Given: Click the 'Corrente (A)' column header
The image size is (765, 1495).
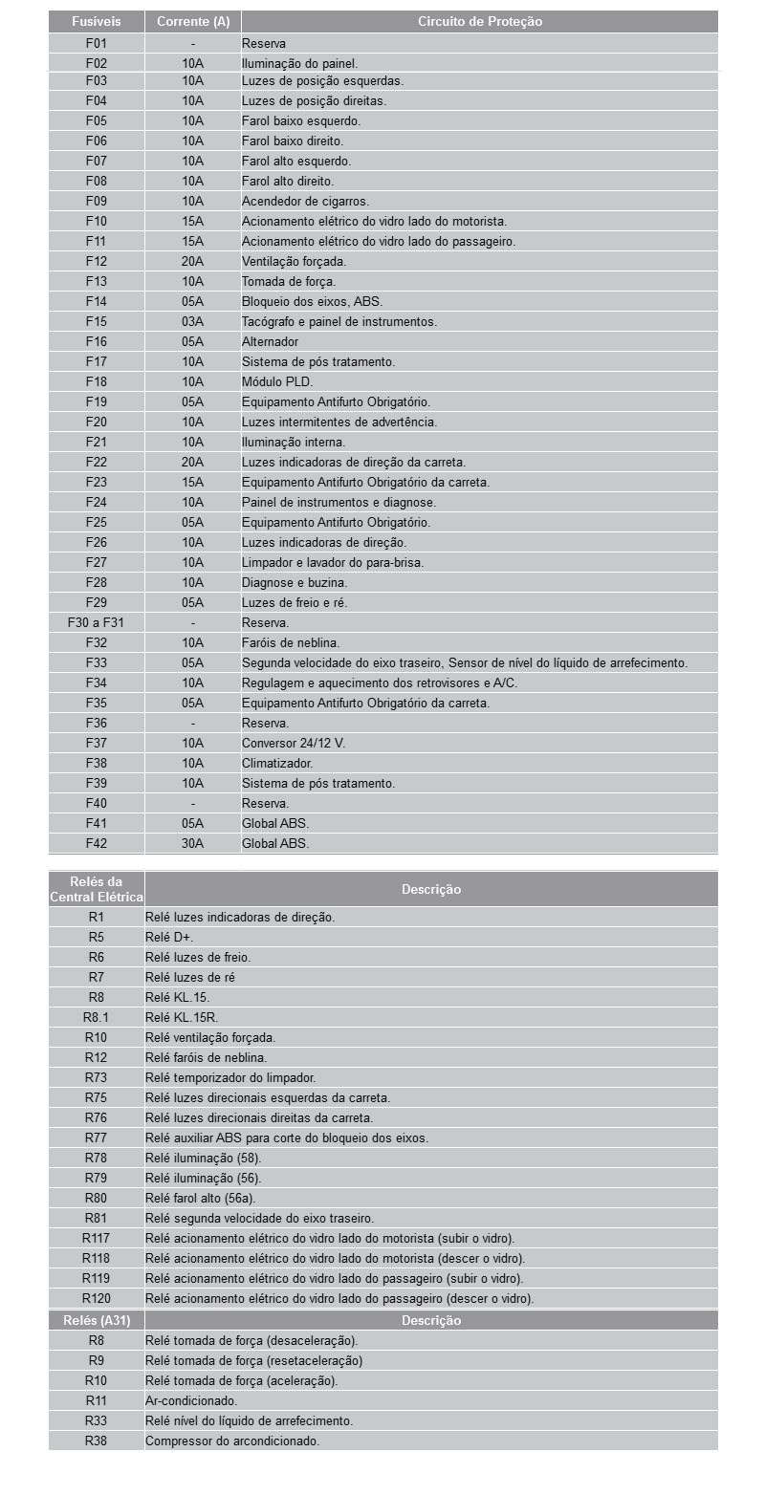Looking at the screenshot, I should [x=192, y=21].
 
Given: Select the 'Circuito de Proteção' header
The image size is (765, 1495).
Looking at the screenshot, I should [x=479, y=21].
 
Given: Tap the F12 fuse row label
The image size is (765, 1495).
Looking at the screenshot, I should [x=96, y=261].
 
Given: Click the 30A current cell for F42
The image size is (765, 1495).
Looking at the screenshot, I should [x=192, y=843].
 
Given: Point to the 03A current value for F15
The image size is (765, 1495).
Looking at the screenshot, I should [x=192, y=321].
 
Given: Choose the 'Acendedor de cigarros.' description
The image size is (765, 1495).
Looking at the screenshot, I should [x=305, y=201].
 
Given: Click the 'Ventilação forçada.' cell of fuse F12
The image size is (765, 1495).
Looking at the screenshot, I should [x=294, y=261].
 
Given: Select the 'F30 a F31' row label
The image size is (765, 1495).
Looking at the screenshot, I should [x=96, y=622].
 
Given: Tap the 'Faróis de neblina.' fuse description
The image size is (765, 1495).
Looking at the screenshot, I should [x=291, y=642].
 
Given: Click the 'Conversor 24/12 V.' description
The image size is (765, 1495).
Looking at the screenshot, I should [x=294, y=743].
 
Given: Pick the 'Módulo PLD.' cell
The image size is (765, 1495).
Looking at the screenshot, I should [x=277, y=381].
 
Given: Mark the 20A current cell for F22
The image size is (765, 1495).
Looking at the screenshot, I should [x=192, y=462].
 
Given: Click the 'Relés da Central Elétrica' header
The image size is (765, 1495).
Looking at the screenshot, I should [x=96, y=889].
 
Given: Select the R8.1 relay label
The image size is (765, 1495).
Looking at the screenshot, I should [x=96, y=1017].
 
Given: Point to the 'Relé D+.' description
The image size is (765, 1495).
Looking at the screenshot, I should [x=169, y=937].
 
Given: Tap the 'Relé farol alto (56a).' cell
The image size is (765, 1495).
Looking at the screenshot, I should [x=201, y=1198].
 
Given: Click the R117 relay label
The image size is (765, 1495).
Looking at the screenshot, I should [x=96, y=1238].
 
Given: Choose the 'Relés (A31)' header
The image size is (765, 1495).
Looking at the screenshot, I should [x=96, y=1320].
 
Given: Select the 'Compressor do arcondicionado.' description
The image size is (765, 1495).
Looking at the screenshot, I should [x=232, y=1441].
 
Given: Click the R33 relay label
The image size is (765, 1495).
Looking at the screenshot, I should [x=96, y=1420].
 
